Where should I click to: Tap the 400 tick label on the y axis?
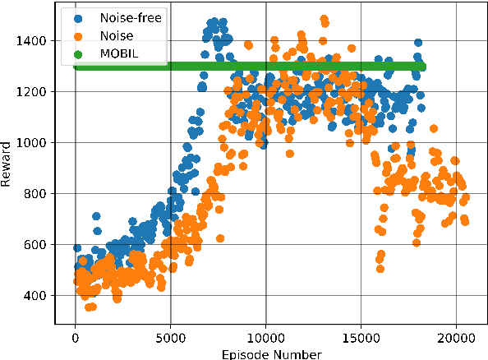pyautogui.click(x=37, y=295)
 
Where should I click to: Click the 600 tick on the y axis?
pyautogui.click(x=37, y=244)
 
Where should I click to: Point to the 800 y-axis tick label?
pyautogui.click(x=37, y=193)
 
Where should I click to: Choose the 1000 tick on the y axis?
pyautogui.click(x=34, y=142)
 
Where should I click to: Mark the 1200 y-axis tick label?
pyautogui.click(x=34, y=91)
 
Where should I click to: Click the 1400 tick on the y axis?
pyautogui.click(x=34, y=40)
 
